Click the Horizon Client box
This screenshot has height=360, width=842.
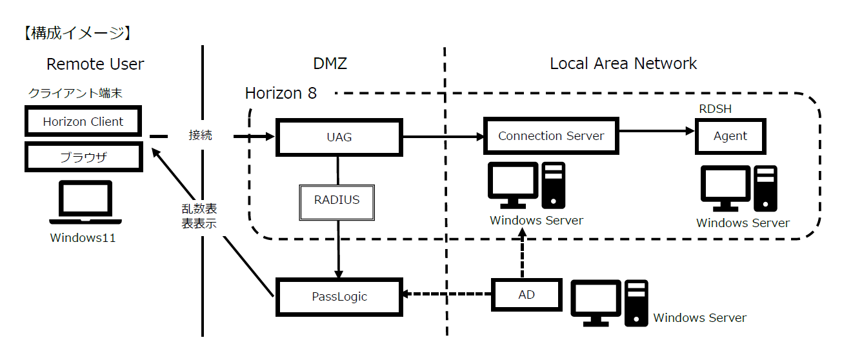point(83,121)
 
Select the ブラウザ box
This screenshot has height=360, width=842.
point(83,157)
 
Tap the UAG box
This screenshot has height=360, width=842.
point(339,137)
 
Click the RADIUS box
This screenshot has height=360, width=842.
point(336,200)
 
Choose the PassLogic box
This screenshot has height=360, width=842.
point(339,297)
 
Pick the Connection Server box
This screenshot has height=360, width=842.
point(551,135)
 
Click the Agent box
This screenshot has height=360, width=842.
point(730,136)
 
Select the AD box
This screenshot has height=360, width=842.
point(526,295)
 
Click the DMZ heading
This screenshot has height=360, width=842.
point(330,64)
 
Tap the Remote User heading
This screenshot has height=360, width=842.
point(95,65)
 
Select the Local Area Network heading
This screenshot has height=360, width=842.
point(623,64)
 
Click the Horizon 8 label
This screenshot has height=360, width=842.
point(281,94)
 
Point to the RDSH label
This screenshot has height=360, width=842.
point(716,109)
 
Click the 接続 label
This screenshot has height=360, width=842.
point(200,136)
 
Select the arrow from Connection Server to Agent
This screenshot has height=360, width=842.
point(656,131)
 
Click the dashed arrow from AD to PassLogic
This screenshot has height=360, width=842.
point(446,295)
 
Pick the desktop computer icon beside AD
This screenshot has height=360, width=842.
point(610,302)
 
